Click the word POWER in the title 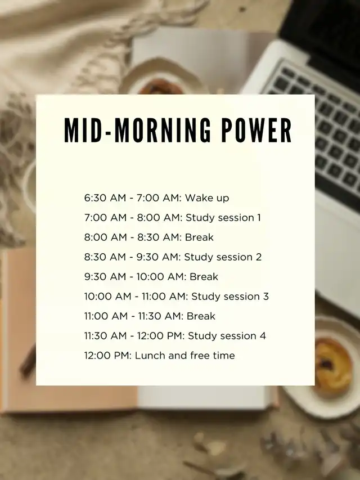pos(256,131)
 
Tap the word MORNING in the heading pos(163,131)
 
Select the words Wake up pos(207,198)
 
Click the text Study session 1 pos(223,218)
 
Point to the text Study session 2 pos(223,257)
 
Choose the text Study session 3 pos(230,297)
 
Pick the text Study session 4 pos(227,336)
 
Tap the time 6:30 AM pos(105,198)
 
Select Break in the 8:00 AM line pos(199,237)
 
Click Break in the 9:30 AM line pos(204,277)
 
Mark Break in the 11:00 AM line pos(201,316)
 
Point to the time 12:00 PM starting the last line pos(107,356)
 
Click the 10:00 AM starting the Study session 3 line pos(107,297)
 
